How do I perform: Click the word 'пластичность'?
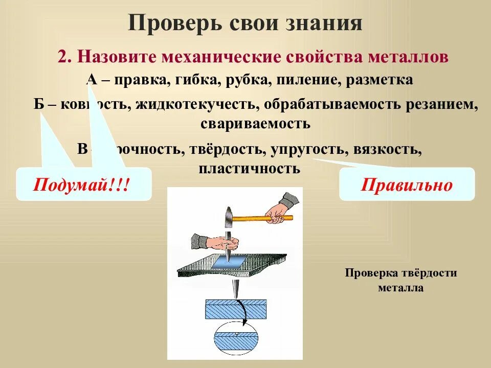pyautogui.click(x=249, y=169)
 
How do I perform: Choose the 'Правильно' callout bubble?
pyautogui.click(x=407, y=184)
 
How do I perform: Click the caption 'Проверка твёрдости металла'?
pyautogui.click(x=401, y=280)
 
